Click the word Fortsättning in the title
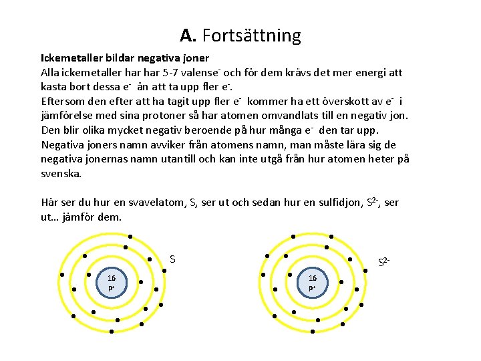251,35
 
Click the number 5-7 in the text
175,73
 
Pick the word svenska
61,173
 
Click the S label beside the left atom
172,259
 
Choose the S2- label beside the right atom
384,262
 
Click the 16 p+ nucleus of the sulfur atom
112,282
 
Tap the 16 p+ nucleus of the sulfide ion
313,282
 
